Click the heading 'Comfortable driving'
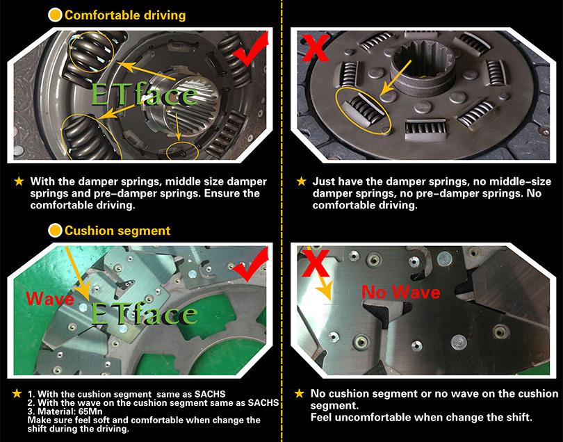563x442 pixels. [125, 15]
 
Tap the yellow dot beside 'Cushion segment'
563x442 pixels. [56, 231]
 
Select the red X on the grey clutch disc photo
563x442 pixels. [315, 49]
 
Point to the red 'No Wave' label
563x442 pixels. [401, 292]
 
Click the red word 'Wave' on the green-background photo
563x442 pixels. [50, 299]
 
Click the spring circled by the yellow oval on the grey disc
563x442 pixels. [363, 110]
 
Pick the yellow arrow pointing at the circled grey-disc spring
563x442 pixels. [396, 78]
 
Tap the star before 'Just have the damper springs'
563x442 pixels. [302, 181]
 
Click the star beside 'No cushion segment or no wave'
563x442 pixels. [300, 393]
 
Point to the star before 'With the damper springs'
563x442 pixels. [19, 181]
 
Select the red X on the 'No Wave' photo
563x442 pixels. [316, 263]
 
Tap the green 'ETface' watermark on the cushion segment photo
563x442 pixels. [144, 314]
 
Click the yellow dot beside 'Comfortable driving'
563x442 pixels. [56, 15]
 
